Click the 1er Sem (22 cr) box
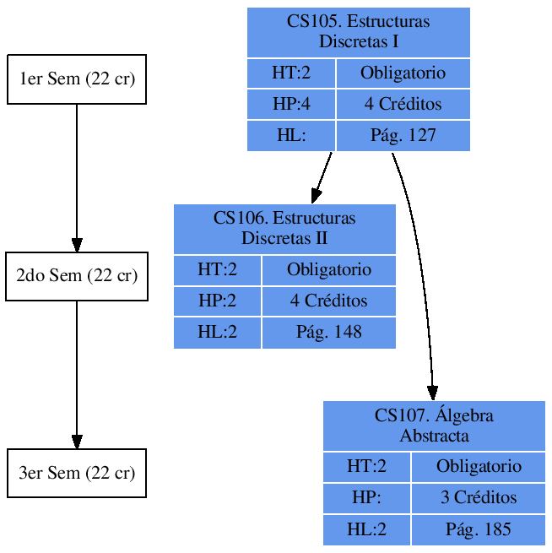77,79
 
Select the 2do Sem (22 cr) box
77,276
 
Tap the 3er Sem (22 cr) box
77,473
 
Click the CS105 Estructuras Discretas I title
358,31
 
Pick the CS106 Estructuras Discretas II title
284,228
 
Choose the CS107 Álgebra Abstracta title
434,426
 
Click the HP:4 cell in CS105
291,104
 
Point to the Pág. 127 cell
403,135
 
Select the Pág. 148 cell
328,332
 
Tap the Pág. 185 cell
478,529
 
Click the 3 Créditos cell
478,497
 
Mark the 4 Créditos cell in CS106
328,301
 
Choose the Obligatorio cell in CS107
478,466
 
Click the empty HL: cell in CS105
291,135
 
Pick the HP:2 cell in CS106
217,301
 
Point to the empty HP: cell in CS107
366,497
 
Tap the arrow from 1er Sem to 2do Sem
77,177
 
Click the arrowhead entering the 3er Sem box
77,442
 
